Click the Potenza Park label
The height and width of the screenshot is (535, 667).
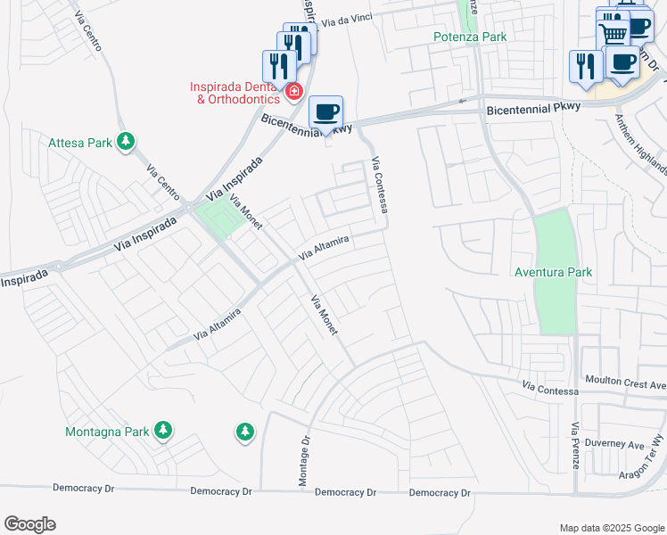click(x=470, y=37)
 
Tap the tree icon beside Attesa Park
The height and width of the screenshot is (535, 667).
click(x=127, y=141)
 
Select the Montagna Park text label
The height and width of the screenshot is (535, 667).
click(x=107, y=432)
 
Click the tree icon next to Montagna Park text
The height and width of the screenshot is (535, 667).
click(x=162, y=432)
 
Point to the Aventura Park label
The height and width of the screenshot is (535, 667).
click(x=554, y=272)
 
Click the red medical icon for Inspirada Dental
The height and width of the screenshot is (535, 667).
click(x=293, y=91)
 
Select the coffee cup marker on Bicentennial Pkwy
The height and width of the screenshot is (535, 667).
click(x=325, y=113)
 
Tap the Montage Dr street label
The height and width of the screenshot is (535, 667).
click(x=302, y=461)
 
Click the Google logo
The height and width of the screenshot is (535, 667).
click(x=29, y=524)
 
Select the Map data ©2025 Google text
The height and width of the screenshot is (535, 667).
click(x=611, y=528)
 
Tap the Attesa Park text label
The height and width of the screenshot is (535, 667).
click(x=81, y=141)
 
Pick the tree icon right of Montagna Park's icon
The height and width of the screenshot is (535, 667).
click(x=244, y=432)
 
